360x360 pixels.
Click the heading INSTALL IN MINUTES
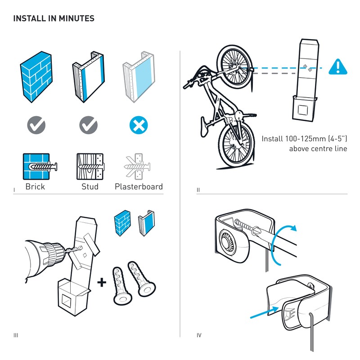pos(54,19)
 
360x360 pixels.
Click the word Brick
pos(35,186)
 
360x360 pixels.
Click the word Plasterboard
pos(139,186)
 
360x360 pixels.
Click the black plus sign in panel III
pos(102,282)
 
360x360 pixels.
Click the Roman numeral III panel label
pos(16,336)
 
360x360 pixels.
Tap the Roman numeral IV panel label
pos(199,336)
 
